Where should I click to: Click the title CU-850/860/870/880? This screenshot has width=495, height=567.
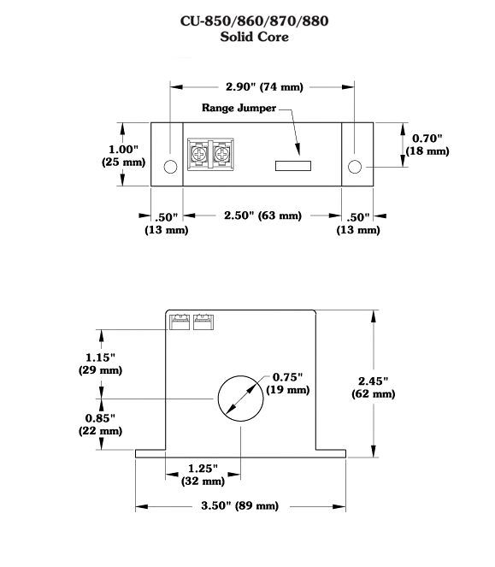click(x=254, y=21)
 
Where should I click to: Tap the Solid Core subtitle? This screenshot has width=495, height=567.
click(x=254, y=37)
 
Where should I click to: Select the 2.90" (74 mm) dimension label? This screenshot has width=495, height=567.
click(x=264, y=86)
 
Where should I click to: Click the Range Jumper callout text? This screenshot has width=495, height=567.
click(x=239, y=108)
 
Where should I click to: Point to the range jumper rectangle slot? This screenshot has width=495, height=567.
click(x=293, y=166)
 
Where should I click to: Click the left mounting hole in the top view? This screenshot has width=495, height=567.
click(x=170, y=167)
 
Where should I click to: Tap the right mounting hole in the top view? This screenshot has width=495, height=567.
click(x=355, y=167)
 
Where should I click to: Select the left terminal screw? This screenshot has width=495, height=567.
click(x=198, y=155)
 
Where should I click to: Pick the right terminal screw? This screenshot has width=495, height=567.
click(x=221, y=155)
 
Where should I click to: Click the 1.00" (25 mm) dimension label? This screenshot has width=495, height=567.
click(x=123, y=156)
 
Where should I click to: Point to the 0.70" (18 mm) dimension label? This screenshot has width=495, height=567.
click(x=427, y=145)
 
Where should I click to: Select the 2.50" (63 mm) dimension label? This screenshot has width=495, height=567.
click(x=262, y=216)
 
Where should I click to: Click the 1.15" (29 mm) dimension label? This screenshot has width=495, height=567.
click(x=101, y=363)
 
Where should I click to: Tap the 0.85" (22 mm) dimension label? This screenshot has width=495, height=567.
click(x=101, y=424)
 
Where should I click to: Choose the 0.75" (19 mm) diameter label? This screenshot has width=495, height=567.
click(x=288, y=383)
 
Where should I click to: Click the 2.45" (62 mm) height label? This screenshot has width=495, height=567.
click(x=374, y=387)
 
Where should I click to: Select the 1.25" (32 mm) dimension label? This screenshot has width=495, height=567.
click(x=203, y=475)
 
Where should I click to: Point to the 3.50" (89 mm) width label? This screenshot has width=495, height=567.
click(x=239, y=505)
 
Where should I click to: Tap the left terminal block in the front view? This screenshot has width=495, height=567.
click(x=180, y=322)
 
